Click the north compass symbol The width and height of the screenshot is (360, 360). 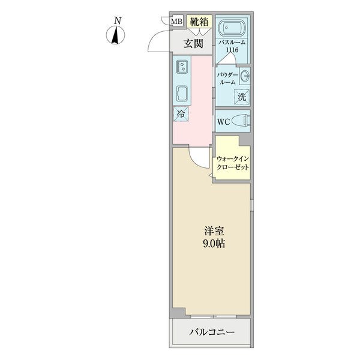115,35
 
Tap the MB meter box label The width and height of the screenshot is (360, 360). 177,22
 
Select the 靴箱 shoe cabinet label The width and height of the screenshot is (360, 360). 199,22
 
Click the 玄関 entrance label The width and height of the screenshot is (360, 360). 193,44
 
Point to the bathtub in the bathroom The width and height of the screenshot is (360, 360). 232,28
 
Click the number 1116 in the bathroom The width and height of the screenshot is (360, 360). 232,50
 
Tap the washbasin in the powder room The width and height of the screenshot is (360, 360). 245,76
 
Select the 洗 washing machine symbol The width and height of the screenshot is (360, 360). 242,97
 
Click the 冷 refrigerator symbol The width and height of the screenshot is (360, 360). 181,113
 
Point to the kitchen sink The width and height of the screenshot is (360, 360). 182,93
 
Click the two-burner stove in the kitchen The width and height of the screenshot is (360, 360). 182,67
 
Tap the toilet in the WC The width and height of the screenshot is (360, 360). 241,121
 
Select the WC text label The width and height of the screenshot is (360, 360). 223,122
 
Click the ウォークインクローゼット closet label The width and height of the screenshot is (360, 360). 233,163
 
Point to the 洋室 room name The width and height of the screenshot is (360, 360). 214,231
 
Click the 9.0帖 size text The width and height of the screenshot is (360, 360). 214,244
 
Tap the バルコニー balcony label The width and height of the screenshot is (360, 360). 212,332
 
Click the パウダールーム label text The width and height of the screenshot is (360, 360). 227,79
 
